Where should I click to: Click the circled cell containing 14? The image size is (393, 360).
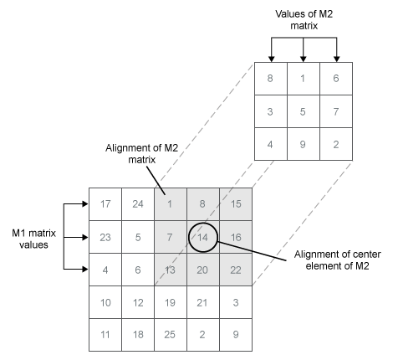(x=202, y=237)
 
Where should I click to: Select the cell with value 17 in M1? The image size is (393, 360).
(x=105, y=203)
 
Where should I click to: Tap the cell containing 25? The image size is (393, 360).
(x=170, y=333)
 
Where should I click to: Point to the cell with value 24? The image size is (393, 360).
(x=137, y=203)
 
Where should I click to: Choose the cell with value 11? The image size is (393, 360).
(x=105, y=333)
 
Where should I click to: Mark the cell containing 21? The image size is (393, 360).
(x=202, y=301)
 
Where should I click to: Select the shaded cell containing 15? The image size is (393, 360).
(x=235, y=203)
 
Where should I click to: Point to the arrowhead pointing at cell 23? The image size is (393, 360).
(x=83, y=236)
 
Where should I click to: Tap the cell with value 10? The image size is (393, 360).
(x=105, y=301)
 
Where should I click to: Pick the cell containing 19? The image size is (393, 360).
(x=170, y=301)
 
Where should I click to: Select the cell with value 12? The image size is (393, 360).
(x=137, y=301)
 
